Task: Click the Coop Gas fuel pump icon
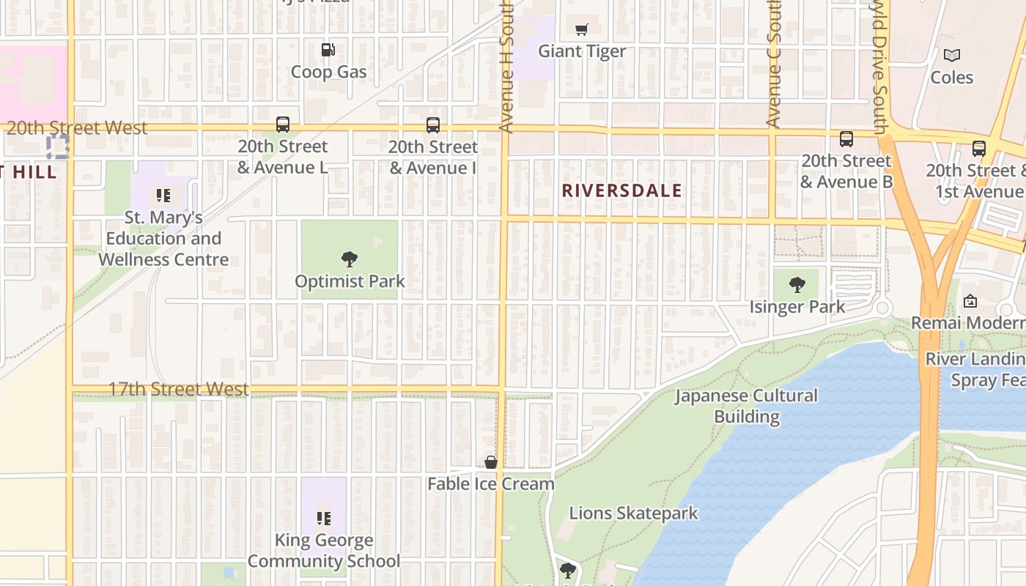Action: point(328,50)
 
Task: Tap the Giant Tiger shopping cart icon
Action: point(582,30)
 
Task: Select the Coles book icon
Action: point(951,55)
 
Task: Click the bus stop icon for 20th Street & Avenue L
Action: point(283,125)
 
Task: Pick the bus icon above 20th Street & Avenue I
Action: point(433,125)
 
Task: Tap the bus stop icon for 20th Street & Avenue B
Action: point(846,139)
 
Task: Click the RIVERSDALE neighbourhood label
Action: point(621,191)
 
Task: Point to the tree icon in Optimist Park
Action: point(350,259)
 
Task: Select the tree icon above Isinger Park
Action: point(797,285)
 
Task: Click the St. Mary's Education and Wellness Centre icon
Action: point(163,196)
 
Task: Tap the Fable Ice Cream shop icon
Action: point(491,462)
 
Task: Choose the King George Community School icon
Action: point(323,519)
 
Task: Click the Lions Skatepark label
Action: point(633,513)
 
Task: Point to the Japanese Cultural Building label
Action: point(746,406)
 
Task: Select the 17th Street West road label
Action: point(178,389)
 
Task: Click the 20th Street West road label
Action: point(77,127)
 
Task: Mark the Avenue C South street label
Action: point(774,66)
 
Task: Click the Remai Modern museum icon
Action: point(970,300)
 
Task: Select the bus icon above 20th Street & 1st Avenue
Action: point(978,149)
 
